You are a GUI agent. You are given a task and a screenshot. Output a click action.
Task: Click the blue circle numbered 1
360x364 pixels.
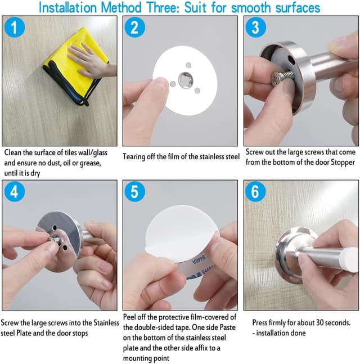[15, 28]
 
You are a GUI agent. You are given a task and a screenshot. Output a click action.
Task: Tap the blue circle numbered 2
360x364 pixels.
[135, 28]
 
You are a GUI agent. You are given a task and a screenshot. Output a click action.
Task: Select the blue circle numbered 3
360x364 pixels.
[255, 28]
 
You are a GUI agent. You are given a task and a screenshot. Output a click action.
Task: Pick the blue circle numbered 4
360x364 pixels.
[15, 191]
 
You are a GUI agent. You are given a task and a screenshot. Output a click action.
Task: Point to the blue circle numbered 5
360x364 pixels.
[135, 191]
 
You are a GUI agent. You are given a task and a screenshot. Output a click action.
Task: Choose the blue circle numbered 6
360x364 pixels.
[255, 191]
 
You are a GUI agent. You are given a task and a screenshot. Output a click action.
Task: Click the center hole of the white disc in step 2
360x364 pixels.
[186, 79]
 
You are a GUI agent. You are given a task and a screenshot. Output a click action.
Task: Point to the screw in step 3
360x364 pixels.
[282, 77]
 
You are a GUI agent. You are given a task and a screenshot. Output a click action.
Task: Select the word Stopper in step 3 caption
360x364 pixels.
[343, 162]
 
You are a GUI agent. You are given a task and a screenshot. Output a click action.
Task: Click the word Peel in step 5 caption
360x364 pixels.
[129, 317]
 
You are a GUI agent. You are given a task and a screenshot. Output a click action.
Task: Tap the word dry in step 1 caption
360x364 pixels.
[35, 173]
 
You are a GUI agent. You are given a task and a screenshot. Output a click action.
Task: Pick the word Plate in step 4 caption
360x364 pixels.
[24, 333]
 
